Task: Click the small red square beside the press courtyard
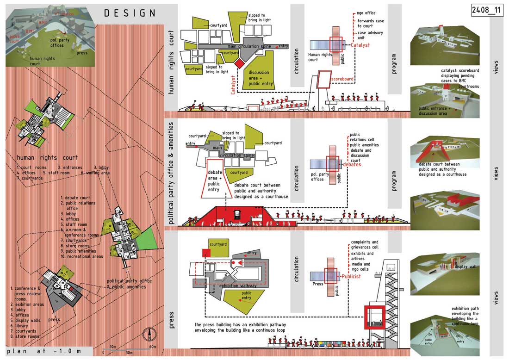206,252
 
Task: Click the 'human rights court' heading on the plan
47,157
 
